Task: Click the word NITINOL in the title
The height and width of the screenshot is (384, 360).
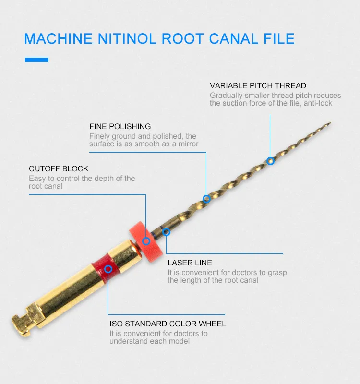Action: [123, 38]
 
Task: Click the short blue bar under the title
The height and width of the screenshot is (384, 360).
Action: [36, 60]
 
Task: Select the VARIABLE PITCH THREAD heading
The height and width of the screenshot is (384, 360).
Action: [258, 86]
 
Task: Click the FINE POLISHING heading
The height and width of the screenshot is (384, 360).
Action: [120, 127]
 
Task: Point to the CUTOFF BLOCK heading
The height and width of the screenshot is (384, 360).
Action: [59, 169]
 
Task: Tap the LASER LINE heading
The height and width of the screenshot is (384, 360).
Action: [190, 263]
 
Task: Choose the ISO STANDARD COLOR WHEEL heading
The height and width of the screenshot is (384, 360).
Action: [168, 324]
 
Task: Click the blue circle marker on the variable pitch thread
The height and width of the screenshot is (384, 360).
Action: [270, 161]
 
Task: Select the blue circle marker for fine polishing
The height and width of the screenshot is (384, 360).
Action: [206, 198]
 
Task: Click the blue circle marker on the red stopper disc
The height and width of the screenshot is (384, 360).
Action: [146, 240]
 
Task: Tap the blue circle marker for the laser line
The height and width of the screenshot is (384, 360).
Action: [166, 232]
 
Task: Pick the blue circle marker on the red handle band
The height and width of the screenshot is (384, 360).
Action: [108, 269]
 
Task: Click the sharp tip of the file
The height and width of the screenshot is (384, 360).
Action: [330, 123]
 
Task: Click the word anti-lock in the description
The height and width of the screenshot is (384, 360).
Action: [318, 103]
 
